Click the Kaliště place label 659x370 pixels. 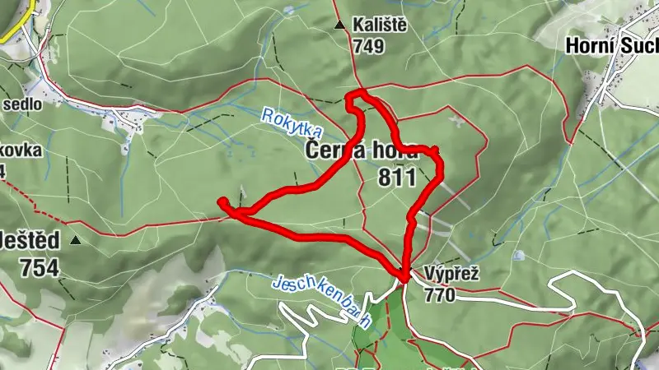[x=380, y=25]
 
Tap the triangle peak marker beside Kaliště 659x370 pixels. [x=340, y=25]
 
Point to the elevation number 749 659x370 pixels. [x=368, y=47]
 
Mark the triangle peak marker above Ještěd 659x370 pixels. [x=76, y=240]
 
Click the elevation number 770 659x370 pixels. [x=440, y=294]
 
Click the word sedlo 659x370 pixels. [x=22, y=104]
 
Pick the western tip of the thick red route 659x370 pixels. [x=220, y=201]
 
